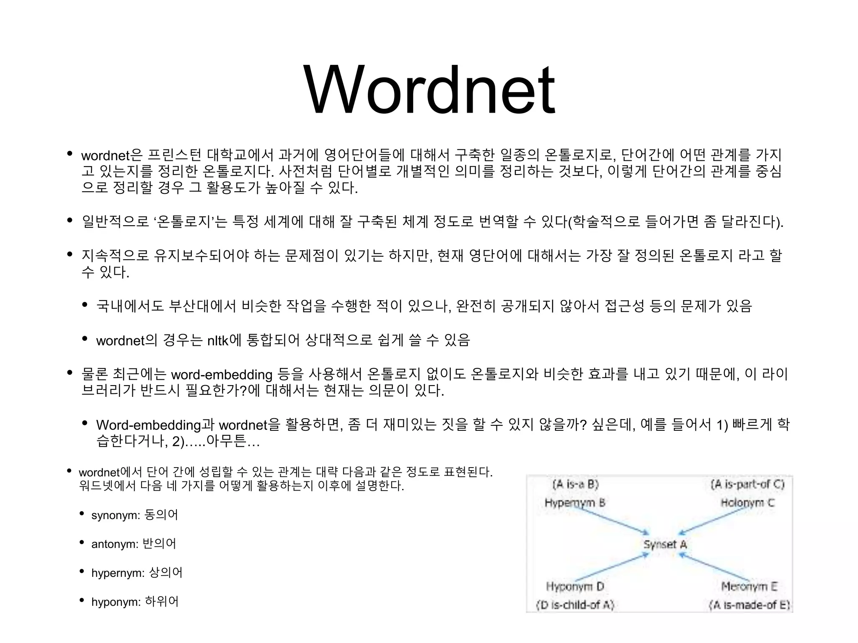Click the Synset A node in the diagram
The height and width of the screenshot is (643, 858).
pyautogui.click(x=665, y=544)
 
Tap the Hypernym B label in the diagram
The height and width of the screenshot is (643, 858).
pyautogui.click(x=575, y=503)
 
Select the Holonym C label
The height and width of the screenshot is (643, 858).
pyautogui.click(x=747, y=503)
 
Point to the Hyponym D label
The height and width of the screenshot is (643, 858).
pyautogui.click(x=575, y=586)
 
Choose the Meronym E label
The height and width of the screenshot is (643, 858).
pyautogui.click(x=749, y=586)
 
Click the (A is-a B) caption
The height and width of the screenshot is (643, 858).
pyautogui.click(x=576, y=484)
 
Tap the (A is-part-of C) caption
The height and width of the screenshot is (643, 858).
pyautogui.click(x=747, y=484)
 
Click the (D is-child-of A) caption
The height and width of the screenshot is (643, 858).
pyautogui.click(x=575, y=605)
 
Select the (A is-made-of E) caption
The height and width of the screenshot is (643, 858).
pyautogui.click(x=749, y=605)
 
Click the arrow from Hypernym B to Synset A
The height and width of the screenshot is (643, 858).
pyautogui.click(x=612, y=520)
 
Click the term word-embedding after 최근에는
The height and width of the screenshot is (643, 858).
pyautogui.click(x=222, y=374)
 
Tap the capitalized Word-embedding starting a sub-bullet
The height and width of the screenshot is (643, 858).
pyautogui.click(x=149, y=425)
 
